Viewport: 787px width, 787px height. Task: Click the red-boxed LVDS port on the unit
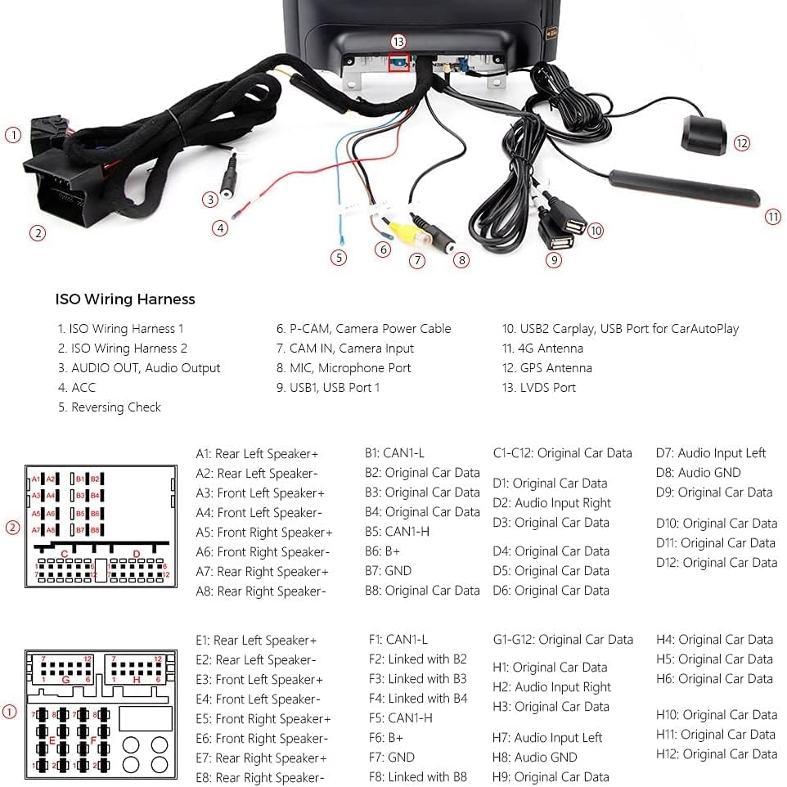[398, 64]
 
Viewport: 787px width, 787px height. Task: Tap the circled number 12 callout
[741, 143]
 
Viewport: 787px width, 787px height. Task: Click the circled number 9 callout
[555, 260]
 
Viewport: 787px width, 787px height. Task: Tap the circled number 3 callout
[210, 199]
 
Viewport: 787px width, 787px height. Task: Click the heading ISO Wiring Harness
[125, 299]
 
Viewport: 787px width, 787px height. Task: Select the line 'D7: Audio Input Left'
[711, 453]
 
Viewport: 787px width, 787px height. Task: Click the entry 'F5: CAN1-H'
[401, 718]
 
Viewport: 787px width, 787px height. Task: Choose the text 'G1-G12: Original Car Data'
[563, 640]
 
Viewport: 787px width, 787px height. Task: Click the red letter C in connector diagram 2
[64, 554]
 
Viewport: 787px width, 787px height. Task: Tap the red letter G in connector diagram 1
[65, 679]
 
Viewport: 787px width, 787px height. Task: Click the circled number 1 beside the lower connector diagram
[10, 712]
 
